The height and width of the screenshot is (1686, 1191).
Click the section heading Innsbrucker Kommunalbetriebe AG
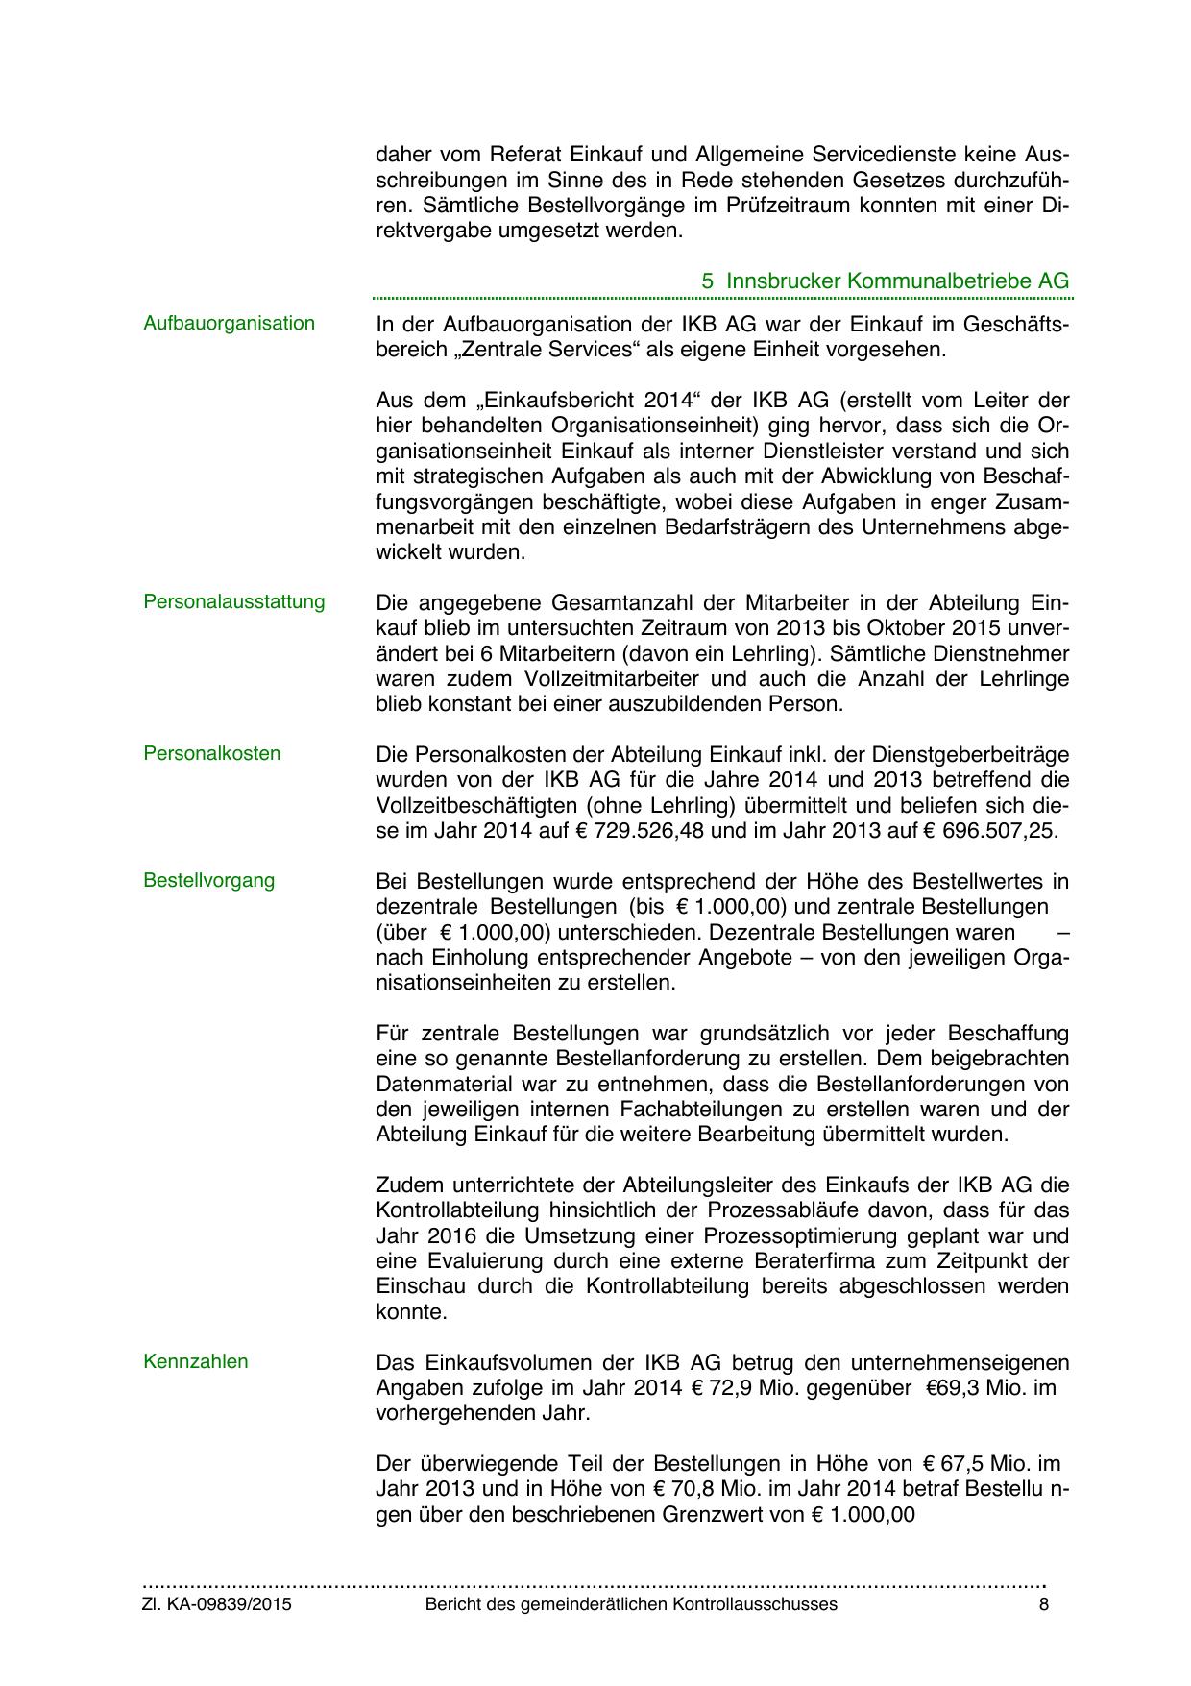(897, 281)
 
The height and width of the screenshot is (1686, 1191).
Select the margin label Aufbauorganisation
(229, 324)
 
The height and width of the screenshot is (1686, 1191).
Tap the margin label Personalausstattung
(234, 602)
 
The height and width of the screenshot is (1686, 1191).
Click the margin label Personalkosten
(212, 754)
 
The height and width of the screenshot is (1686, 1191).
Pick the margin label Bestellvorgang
(208, 881)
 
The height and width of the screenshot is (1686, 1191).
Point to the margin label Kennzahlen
(196, 1362)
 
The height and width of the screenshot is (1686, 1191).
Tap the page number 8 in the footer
(1044, 1605)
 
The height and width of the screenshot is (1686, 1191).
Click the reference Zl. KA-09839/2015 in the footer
(217, 1605)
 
